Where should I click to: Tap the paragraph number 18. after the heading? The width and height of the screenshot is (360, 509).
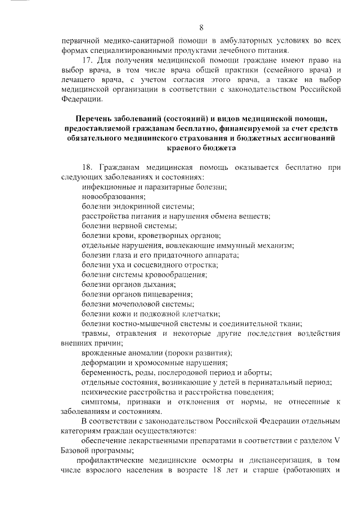(x=88, y=168)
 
